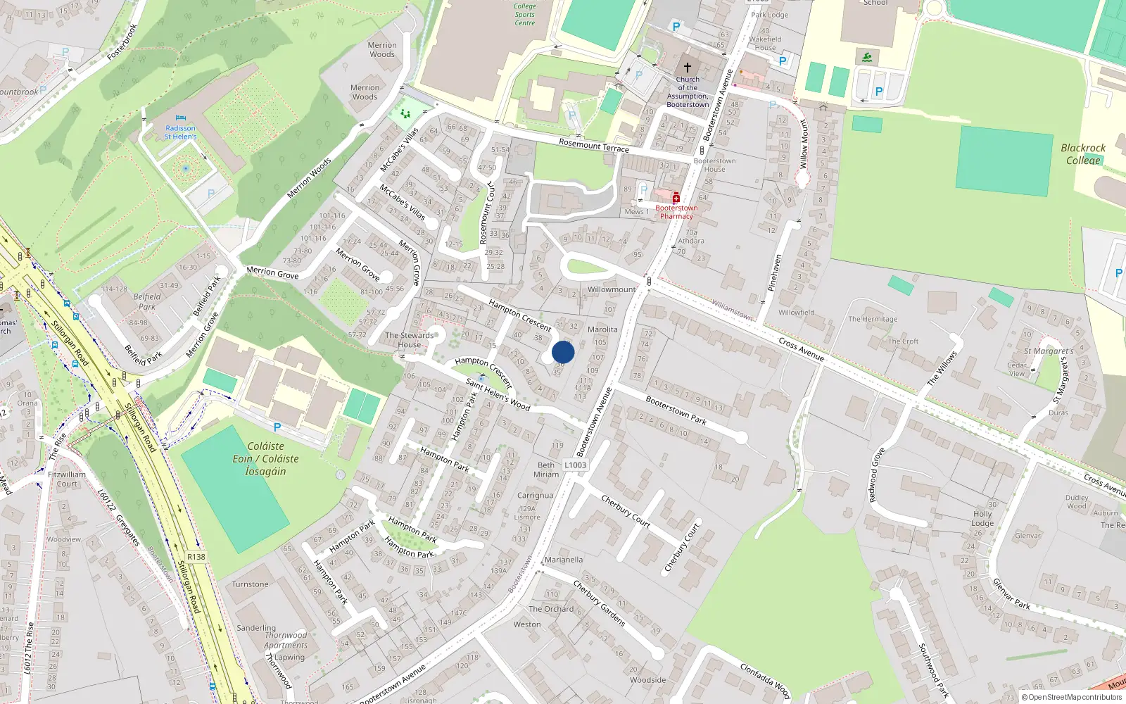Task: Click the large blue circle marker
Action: (563, 352)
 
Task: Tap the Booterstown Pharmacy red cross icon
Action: (676, 198)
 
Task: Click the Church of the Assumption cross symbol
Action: (688, 68)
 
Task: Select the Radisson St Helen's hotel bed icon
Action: (181, 118)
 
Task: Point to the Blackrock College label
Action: (1083, 154)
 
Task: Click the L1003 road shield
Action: (575, 465)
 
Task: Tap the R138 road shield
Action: (196, 557)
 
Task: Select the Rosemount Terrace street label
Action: (594, 145)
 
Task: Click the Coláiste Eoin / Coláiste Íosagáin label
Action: (265, 458)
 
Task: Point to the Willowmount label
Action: (611, 289)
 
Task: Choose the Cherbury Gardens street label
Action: (599, 603)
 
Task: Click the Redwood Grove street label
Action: (877, 475)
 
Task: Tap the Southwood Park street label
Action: (933, 670)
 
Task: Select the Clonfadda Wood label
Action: (765, 680)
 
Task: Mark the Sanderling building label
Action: (256, 628)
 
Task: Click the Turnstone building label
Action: (250, 584)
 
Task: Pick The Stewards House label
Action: (409, 340)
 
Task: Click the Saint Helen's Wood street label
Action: (498, 394)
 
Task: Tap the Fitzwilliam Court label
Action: (67, 479)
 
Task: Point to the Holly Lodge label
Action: (982, 519)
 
